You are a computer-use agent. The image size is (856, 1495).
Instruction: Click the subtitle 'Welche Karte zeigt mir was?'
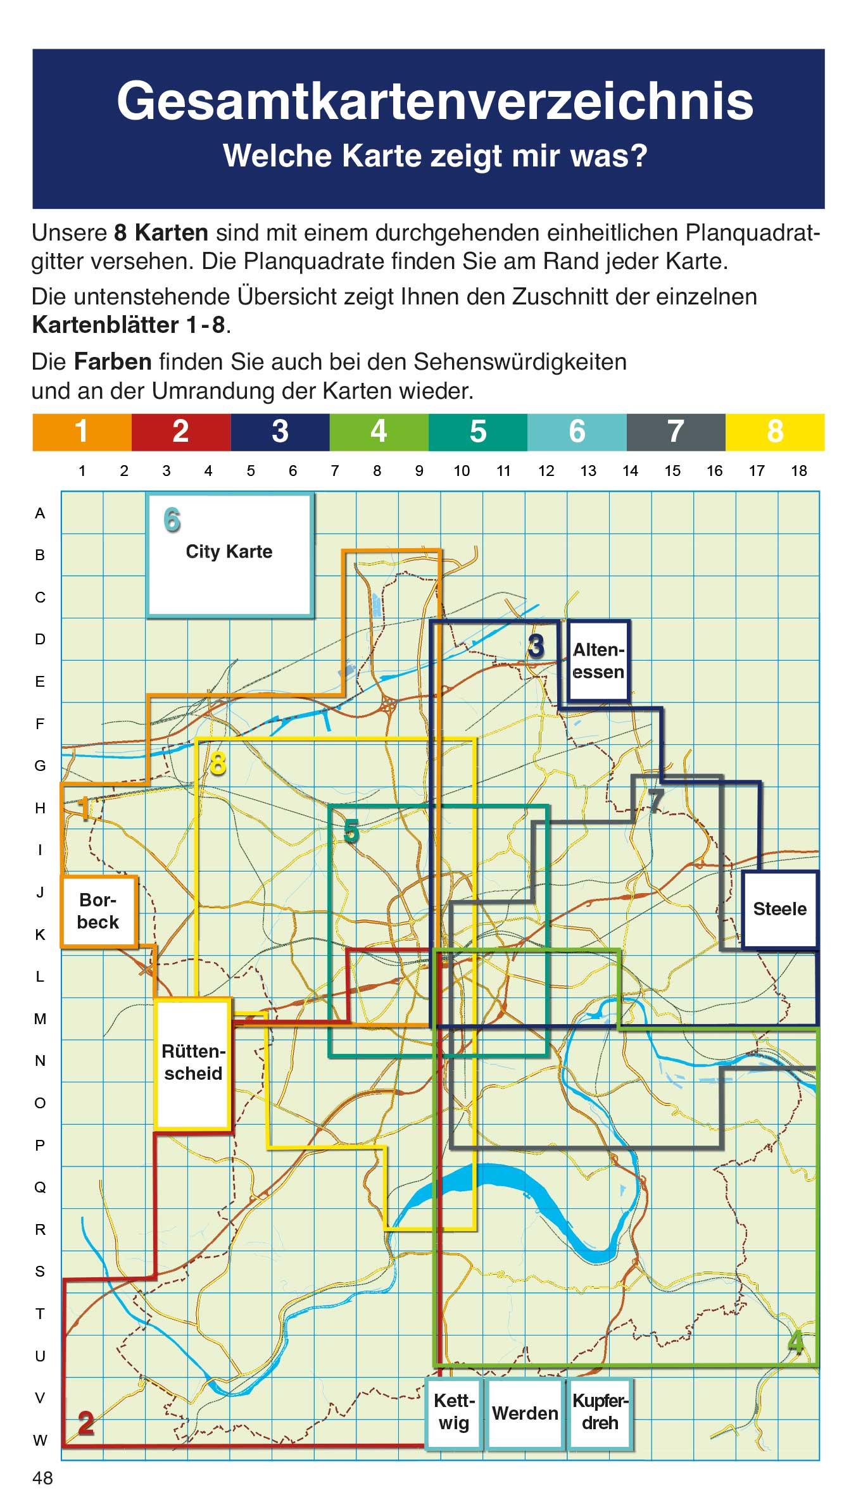[x=435, y=156]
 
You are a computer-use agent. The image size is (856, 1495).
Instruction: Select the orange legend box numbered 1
[x=82, y=432]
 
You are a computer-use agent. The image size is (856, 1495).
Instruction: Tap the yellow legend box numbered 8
[x=775, y=432]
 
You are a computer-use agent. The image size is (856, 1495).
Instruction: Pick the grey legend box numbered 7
[x=676, y=432]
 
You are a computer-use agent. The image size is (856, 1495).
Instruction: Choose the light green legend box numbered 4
[x=379, y=432]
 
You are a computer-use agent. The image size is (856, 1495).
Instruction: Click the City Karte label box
[x=230, y=555]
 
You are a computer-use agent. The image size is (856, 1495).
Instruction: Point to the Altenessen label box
[x=599, y=661]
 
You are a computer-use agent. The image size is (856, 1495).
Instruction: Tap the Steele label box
[x=780, y=910]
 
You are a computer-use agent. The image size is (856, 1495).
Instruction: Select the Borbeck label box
[x=99, y=911]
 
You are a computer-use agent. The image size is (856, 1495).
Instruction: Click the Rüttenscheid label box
[x=192, y=1063]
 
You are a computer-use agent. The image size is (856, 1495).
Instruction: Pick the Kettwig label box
[x=454, y=1413]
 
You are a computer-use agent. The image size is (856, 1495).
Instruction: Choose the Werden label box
[x=525, y=1413]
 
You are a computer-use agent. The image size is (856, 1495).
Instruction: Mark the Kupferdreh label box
[x=600, y=1413]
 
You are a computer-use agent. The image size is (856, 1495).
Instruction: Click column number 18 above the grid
[x=799, y=471]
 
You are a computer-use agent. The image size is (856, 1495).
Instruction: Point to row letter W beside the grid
[x=40, y=1441]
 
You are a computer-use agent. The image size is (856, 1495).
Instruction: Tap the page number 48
[x=43, y=1478]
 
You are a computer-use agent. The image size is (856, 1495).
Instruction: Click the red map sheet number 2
[x=86, y=1423]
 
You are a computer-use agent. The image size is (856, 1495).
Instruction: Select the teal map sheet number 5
[x=351, y=832]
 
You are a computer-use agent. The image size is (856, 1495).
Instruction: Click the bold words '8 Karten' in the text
[x=161, y=233]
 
